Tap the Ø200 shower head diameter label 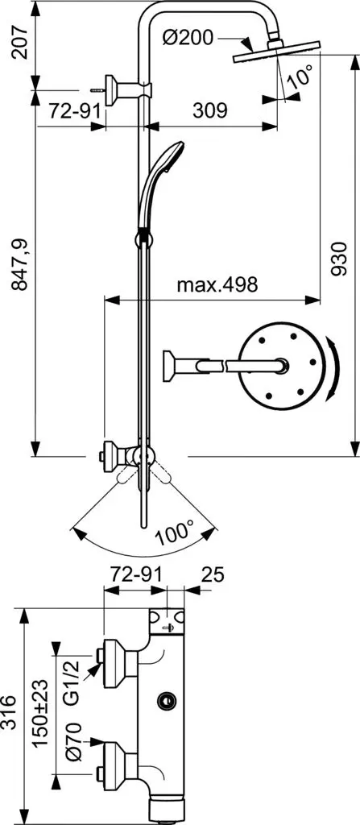(188, 38)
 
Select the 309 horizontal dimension (209, 110)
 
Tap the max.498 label (217, 284)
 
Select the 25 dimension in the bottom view (213, 574)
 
